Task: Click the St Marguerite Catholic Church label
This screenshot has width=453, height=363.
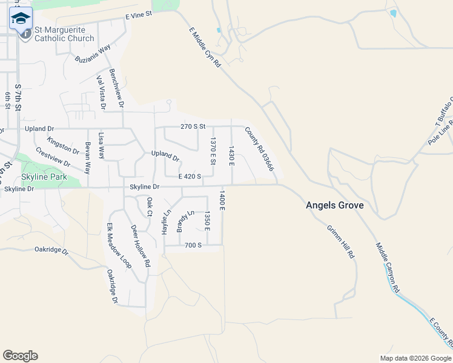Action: coord(64,34)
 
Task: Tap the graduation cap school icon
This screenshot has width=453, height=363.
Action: coord(21,18)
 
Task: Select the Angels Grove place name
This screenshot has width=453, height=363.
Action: coord(334,206)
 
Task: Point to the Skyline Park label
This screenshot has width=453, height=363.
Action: coord(42,177)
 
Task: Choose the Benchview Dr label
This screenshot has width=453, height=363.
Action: coord(117,88)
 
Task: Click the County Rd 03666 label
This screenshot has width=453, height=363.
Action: coord(259,148)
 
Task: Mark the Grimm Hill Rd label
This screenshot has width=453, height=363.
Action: coord(340,242)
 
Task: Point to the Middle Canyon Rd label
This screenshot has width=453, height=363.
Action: coord(388,268)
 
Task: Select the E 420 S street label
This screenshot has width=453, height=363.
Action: coord(190,176)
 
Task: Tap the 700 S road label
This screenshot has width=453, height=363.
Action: coord(193,245)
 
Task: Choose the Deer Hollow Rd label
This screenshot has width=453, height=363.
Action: coord(140,246)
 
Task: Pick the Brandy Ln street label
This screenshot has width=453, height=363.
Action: coord(185,221)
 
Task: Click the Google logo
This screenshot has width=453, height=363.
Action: coord(20,356)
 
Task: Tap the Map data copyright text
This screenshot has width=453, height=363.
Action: coord(415,358)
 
